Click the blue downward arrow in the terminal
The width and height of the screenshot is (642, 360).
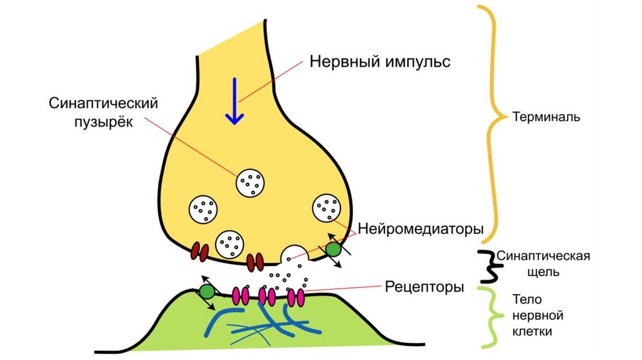pyautogui.click(x=234, y=100)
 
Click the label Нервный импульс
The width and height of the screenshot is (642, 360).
pyautogui.click(x=380, y=62)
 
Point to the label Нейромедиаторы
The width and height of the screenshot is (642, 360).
pyautogui.click(x=421, y=230)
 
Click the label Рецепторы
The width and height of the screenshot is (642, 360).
pyautogui.click(x=424, y=288)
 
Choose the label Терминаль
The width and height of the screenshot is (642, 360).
pyautogui.click(x=546, y=117)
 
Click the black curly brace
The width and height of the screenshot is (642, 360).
pyautogui.click(x=487, y=266)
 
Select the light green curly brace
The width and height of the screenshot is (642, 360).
pyautogui.click(x=490, y=317)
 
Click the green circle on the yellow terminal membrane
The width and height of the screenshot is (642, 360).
pyautogui.click(x=333, y=250)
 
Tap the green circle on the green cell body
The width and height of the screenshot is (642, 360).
pyautogui.click(x=207, y=291)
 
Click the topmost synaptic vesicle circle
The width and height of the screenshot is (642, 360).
pyautogui.click(x=251, y=183)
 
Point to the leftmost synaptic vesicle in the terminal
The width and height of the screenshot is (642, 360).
pyautogui.click(x=204, y=209)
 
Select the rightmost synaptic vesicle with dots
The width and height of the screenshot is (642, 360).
pyautogui.click(x=327, y=208)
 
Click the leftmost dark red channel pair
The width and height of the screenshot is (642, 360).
pyautogui.click(x=200, y=251)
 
